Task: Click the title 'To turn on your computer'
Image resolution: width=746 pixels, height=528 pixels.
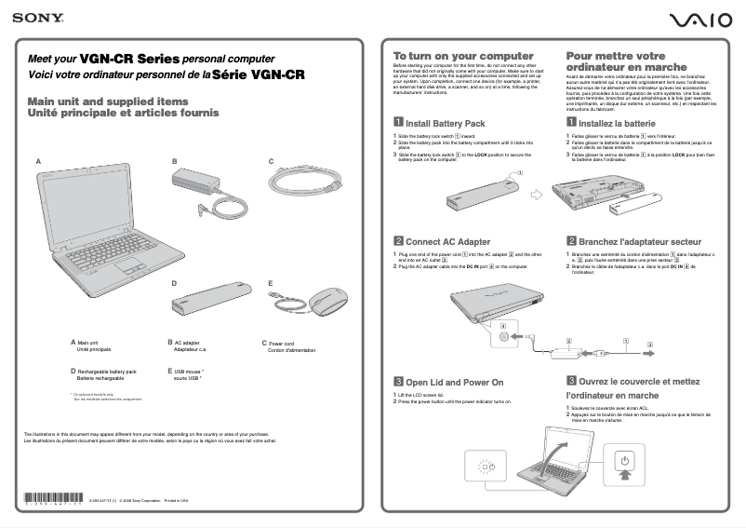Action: click(462, 56)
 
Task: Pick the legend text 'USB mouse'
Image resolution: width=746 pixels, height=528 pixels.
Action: click(187, 371)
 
